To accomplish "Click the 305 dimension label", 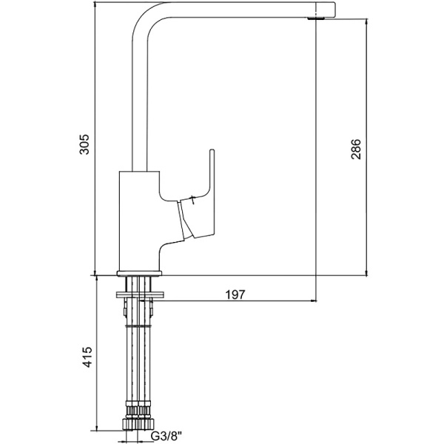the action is pos(84,144).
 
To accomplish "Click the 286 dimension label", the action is pos(356,149).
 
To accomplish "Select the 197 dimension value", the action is pos(235,295).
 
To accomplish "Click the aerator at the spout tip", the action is pos(316,18).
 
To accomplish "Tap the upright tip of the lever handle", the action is pos(212,151).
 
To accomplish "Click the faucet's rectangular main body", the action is pos(139,220).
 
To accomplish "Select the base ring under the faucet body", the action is pos(139,273).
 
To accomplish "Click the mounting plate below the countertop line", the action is pos(140,295).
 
